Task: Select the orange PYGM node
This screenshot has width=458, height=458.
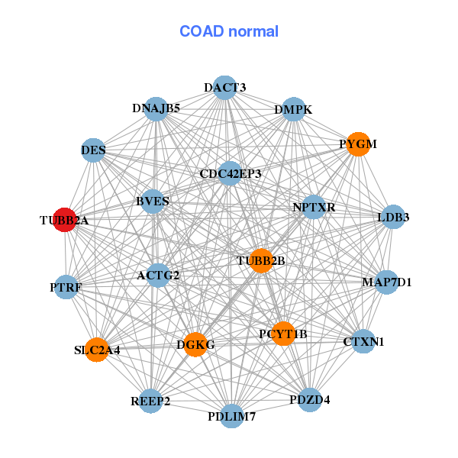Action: pyautogui.click(x=358, y=144)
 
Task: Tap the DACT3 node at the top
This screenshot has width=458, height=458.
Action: pyautogui.click(x=224, y=87)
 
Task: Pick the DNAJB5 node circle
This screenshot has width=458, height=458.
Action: pyautogui.click(x=156, y=108)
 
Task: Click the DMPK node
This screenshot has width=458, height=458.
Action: pyautogui.click(x=294, y=109)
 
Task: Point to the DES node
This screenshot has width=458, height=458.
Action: pyautogui.click(x=93, y=150)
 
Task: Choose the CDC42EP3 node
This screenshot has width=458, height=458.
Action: pyautogui.click(x=230, y=173)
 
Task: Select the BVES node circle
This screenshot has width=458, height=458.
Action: pyautogui.click(x=152, y=202)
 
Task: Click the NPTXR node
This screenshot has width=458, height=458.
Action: pyautogui.click(x=314, y=207)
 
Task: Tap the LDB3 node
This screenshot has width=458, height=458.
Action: pyautogui.click(x=392, y=217)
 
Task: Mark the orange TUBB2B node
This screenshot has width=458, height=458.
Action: pyautogui.click(x=261, y=260)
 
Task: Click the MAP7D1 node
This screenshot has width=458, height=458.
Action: pyautogui.click(x=386, y=282)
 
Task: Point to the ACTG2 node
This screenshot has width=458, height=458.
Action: pyautogui.click(x=158, y=275)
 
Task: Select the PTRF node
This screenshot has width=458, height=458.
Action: pyautogui.click(x=66, y=287)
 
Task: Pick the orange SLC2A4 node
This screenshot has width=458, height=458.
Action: pyautogui.click(x=97, y=350)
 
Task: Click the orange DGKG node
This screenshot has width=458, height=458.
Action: pyautogui.click(x=195, y=344)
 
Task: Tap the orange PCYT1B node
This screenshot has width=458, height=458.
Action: pyautogui.click(x=283, y=334)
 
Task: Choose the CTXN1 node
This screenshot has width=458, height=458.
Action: pyautogui.click(x=363, y=341)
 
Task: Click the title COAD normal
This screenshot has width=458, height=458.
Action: pyautogui.click(x=229, y=31)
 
